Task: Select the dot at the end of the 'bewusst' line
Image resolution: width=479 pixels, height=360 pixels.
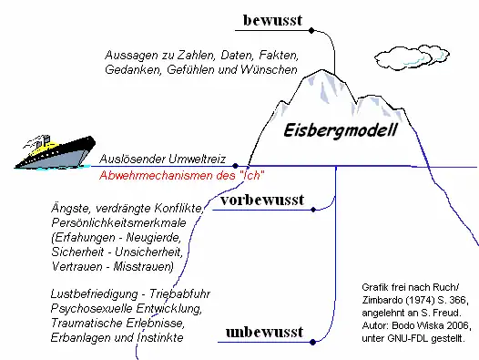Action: [312, 31]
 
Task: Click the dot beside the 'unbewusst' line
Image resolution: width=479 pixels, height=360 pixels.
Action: [313, 342]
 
